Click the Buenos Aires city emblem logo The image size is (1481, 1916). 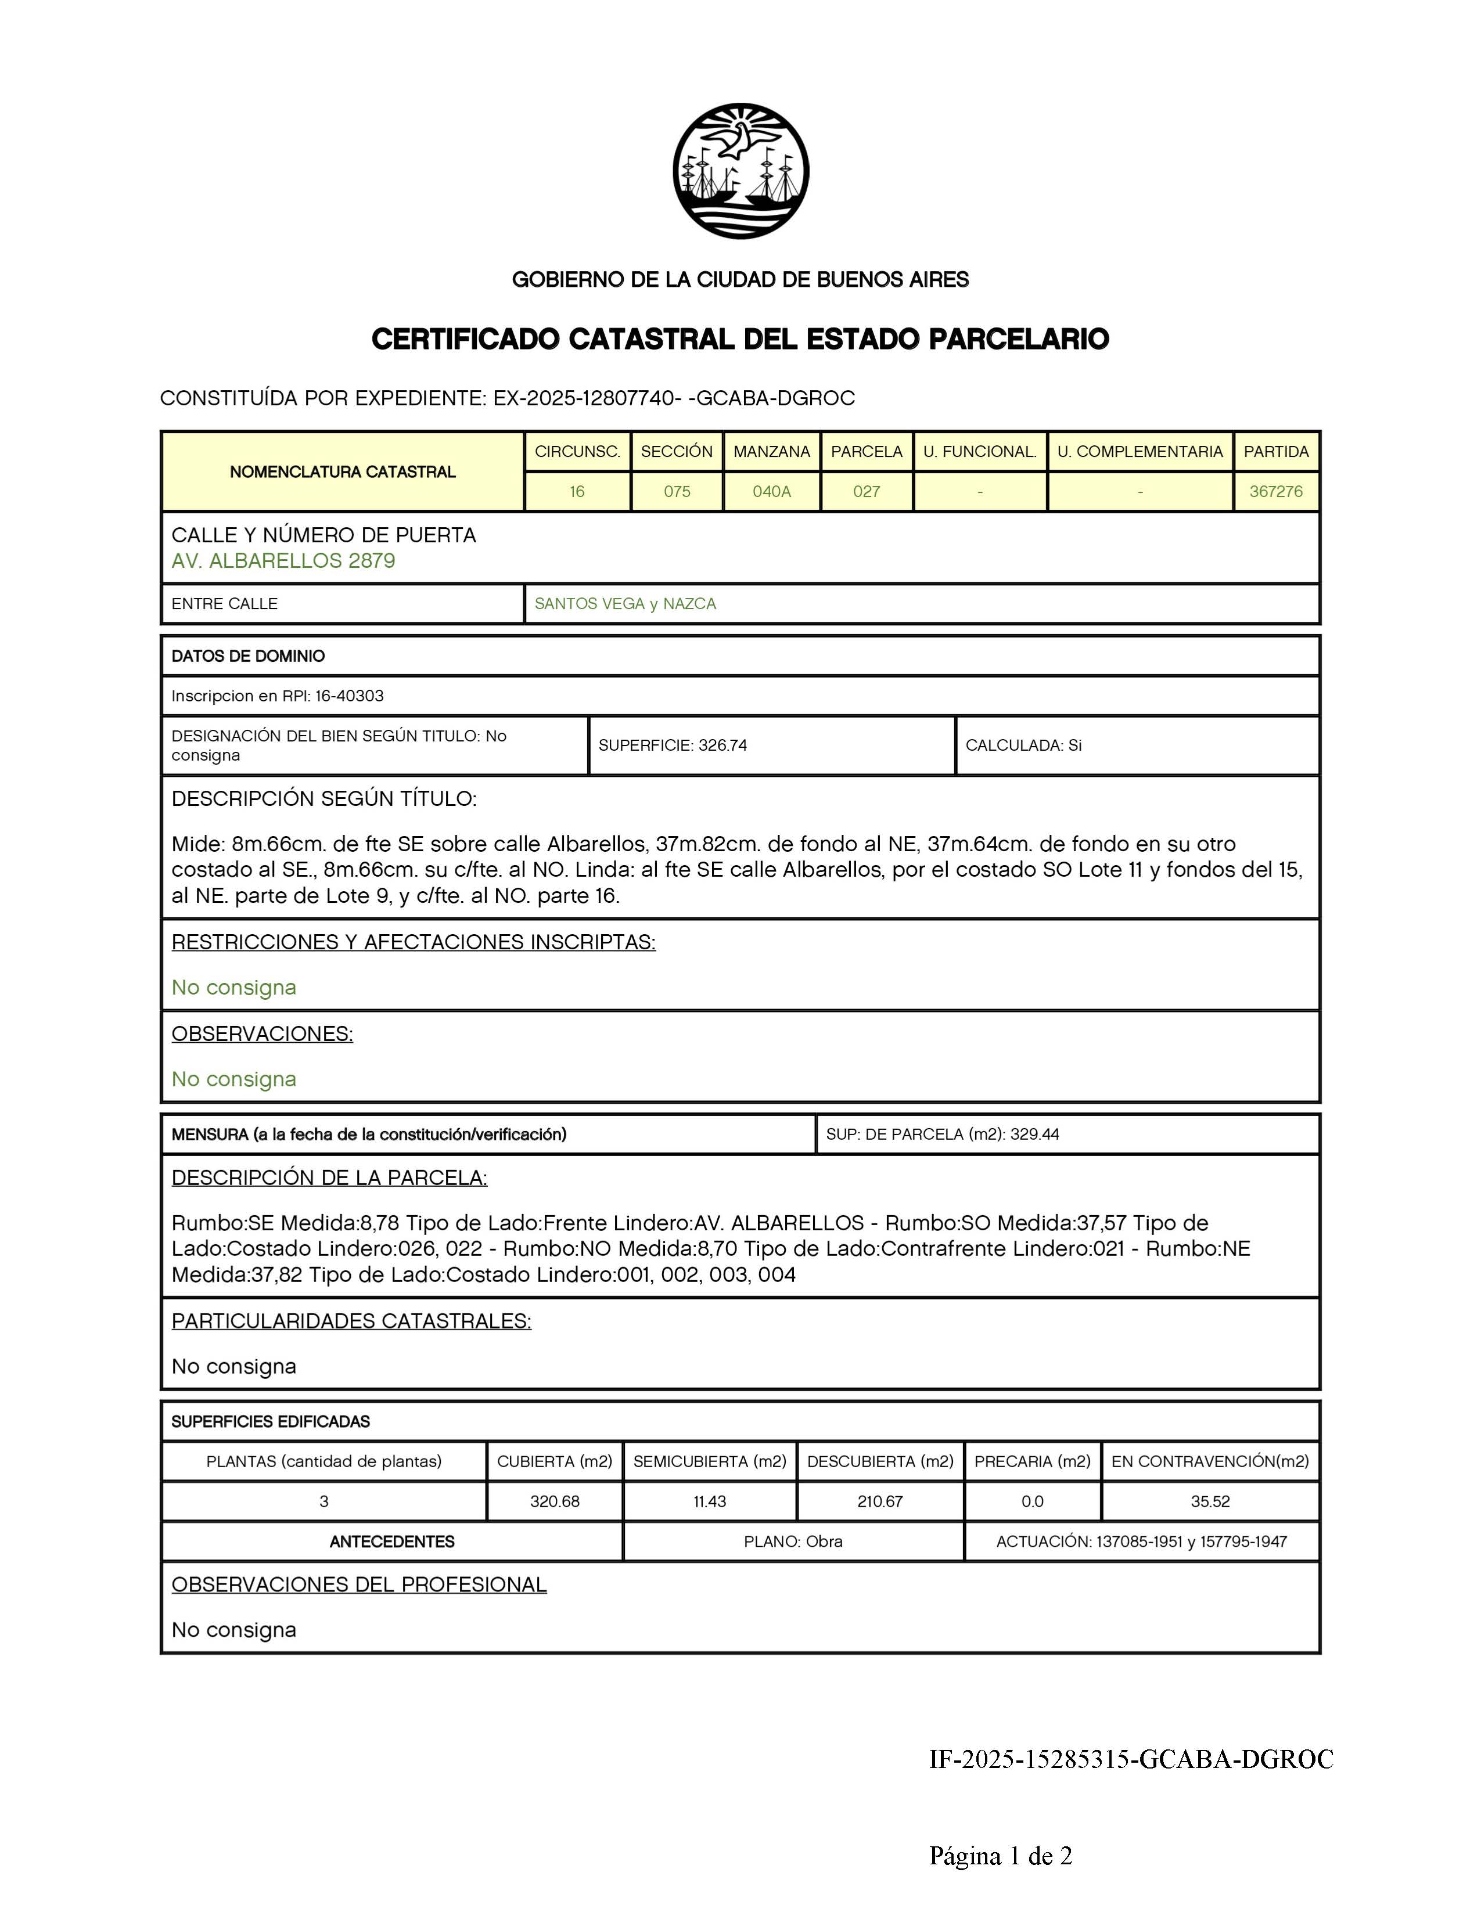(740, 171)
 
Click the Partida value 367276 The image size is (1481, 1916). (1276, 491)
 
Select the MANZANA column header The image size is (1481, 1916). (771, 452)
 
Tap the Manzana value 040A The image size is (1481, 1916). (771, 491)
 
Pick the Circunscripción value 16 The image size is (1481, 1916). (577, 491)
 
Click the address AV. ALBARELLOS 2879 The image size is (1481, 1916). (283, 561)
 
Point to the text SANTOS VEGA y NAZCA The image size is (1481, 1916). (625, 604)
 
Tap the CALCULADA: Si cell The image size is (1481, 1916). (1023, 745)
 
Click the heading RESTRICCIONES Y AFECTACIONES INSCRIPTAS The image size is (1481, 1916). (414, 942)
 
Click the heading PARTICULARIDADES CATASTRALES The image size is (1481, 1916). (351, 1321)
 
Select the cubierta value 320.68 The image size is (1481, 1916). (555, 1501)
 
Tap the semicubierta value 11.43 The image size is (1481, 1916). (710, 1501)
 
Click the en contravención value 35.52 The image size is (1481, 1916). (1210, 1501)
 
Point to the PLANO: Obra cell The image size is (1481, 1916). (793, 1542)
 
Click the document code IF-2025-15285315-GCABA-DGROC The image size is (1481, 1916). (1131, 1760)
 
